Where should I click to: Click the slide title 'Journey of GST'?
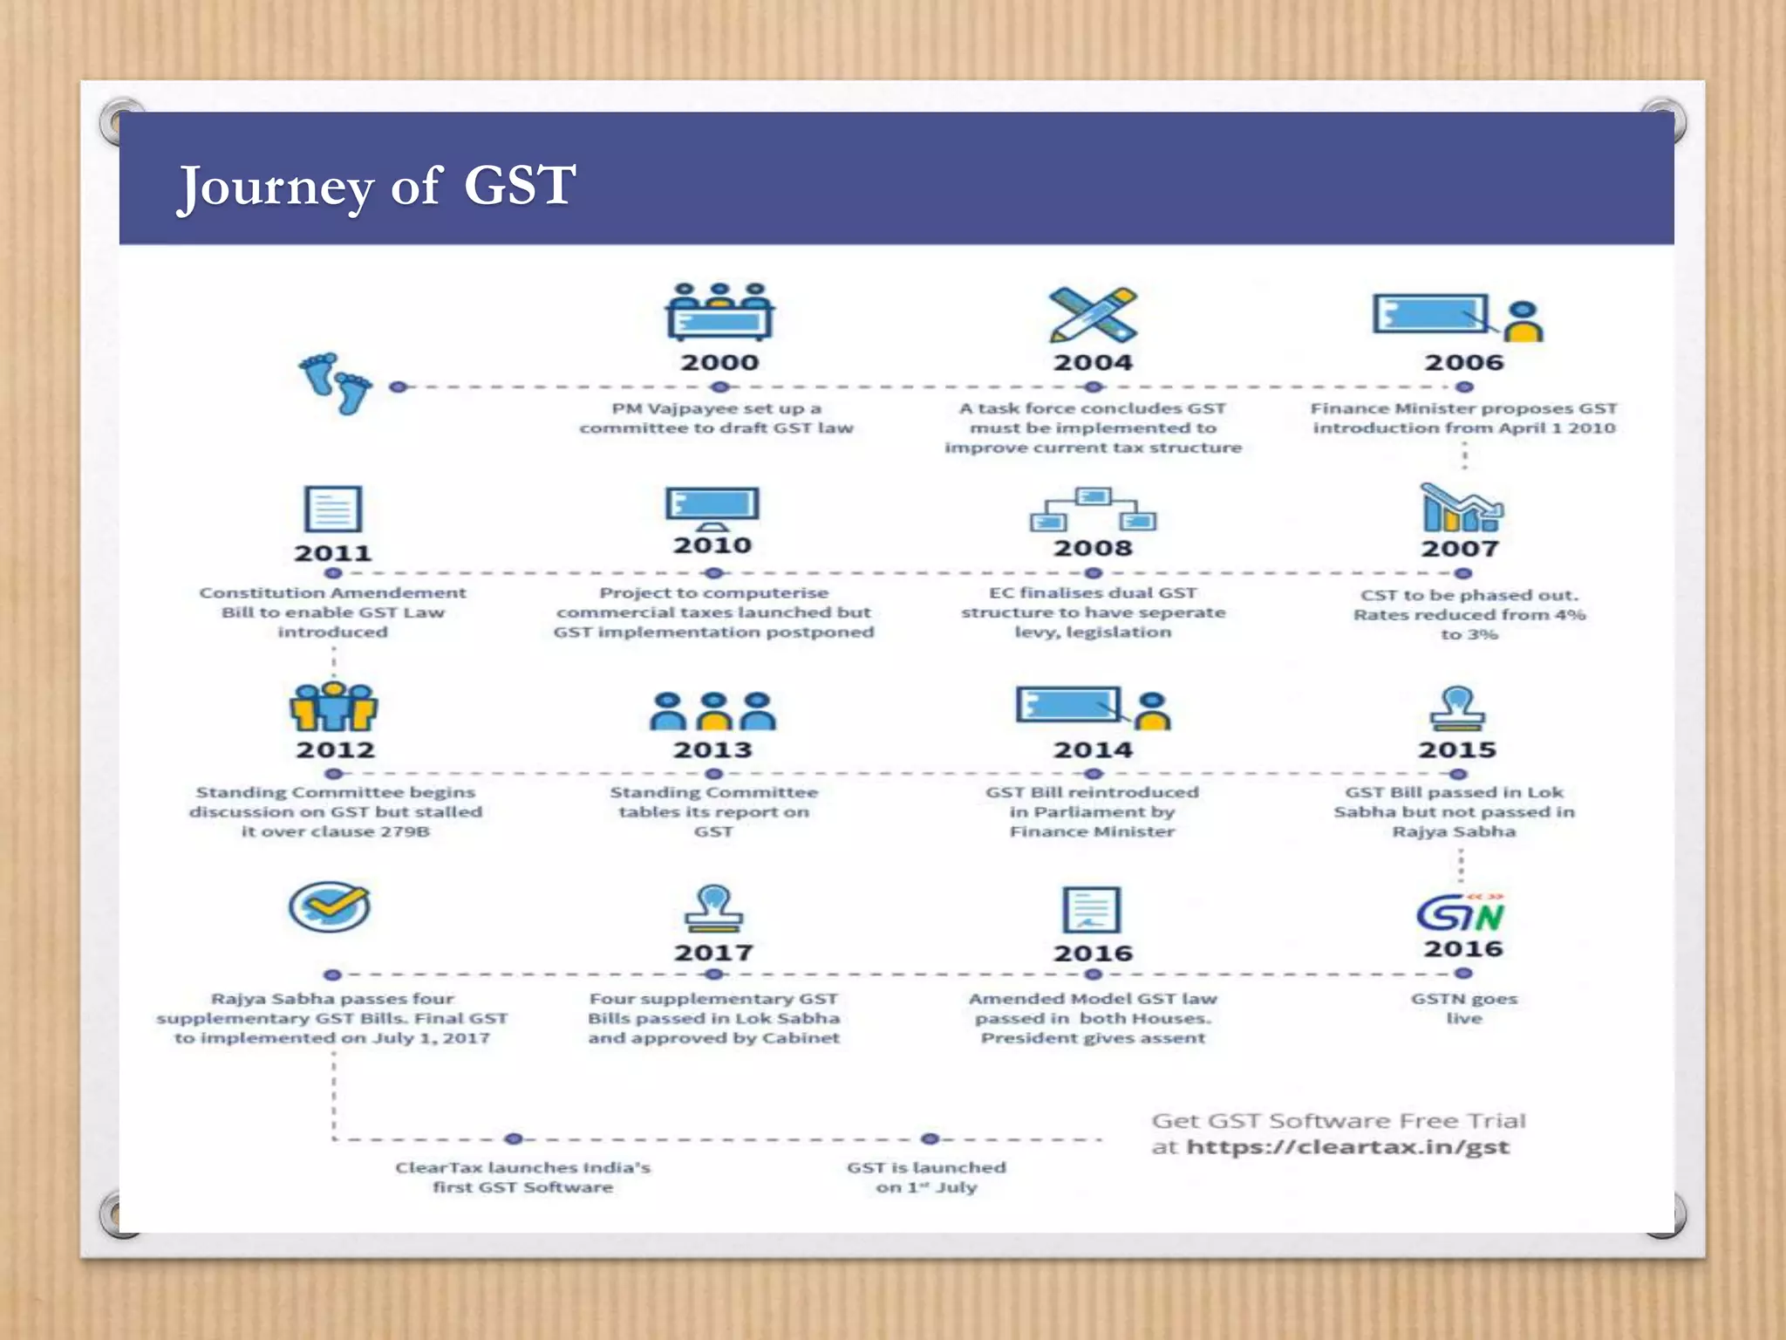[376, 186]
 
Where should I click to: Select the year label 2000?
[719, 362]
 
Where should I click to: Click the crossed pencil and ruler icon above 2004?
[1093, 314]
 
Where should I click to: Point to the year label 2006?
[1464, 362]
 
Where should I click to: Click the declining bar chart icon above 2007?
[1462, 508]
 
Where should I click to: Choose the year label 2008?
[1093, 548]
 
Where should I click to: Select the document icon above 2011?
[332, 509]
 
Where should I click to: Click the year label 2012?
[335, 749]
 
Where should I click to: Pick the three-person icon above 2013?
[712, 710]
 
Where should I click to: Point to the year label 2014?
[1093, 749]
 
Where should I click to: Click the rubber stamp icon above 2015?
[1457, 708]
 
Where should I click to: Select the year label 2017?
[712, 952]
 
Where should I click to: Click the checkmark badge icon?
[330, 906]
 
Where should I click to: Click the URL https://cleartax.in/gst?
[1347, 1146]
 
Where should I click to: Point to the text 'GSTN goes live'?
[1464, 1008]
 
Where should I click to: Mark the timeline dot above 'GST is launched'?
[930, 1138]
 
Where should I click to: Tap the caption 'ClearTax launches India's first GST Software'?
[522, 1177]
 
